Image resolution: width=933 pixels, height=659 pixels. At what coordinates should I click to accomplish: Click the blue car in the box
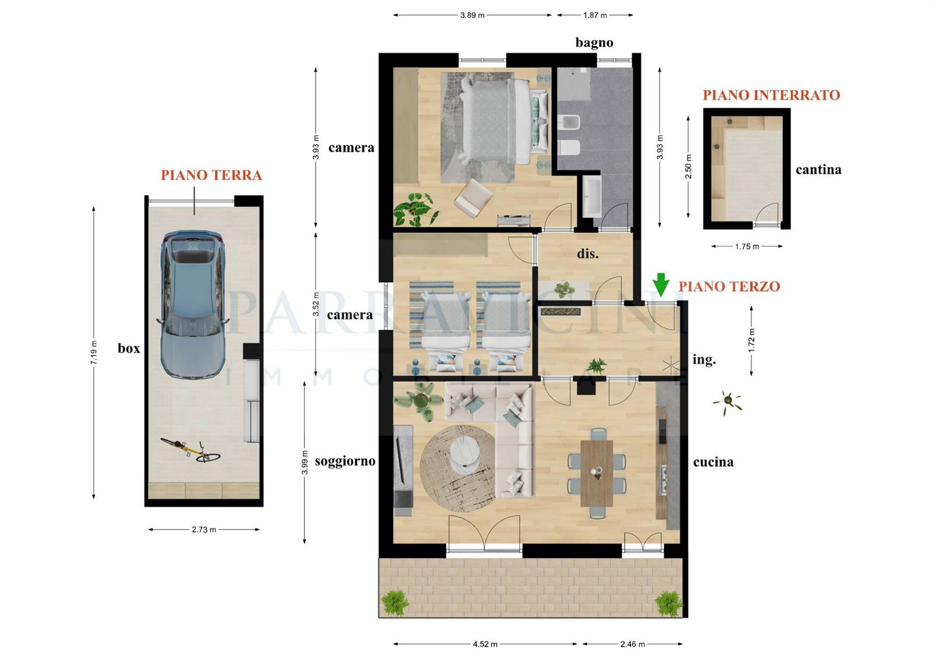[192, 305]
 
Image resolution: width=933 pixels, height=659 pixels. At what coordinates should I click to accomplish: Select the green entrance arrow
[661, 285]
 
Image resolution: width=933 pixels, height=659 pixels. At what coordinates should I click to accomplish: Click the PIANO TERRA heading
[212, 175]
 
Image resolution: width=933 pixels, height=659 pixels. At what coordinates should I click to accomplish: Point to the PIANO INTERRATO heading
[771, 96]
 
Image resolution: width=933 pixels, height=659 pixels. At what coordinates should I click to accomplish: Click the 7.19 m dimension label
[94, 352]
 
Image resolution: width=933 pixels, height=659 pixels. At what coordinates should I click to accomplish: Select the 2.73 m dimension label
[204, 530]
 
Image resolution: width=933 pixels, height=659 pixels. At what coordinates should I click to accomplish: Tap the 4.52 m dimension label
[485, 644]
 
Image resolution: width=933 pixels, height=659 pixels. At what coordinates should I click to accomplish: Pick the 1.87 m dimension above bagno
[595, 15]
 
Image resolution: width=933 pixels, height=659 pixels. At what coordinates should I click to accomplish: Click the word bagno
[594, 43]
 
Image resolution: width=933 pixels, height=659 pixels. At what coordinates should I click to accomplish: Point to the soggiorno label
[345, 461]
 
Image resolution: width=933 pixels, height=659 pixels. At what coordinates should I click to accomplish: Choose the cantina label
[819, 170]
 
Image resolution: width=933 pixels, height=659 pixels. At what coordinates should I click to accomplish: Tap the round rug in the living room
[457, 468]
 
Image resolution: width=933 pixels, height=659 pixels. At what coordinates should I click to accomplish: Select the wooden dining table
[597, 473]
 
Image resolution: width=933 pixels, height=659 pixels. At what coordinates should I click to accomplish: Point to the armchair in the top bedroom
[473, 198]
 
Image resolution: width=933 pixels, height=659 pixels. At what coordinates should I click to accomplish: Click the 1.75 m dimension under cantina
[747, 246]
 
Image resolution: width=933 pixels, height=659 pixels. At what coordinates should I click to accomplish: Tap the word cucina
[713, 461]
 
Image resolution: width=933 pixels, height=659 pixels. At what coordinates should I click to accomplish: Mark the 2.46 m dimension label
[632, 644]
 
